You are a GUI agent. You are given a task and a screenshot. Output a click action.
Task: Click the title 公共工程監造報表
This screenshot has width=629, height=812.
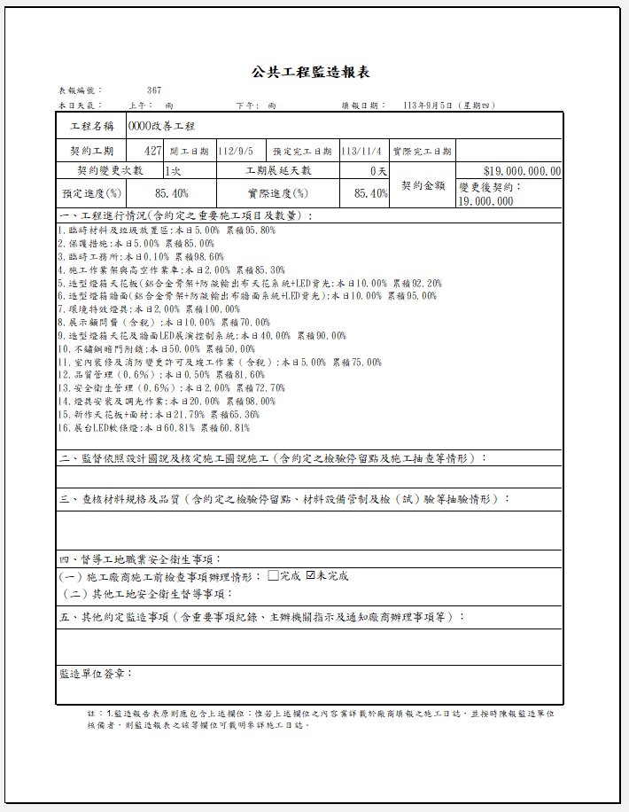(x=310, y=72)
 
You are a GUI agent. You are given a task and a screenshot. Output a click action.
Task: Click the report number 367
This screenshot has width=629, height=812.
(x=154, y=90)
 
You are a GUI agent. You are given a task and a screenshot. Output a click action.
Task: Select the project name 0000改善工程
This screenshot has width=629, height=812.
(x=161, y=127)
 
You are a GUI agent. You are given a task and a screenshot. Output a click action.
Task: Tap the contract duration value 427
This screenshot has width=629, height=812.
(x=151, y=151)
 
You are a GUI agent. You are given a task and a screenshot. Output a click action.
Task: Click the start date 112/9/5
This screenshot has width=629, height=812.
(x=236, y=151)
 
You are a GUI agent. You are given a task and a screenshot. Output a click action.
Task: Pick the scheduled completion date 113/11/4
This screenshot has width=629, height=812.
(x=361, y=151)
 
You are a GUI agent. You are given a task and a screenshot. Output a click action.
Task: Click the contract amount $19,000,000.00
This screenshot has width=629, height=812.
(x=522, y=172)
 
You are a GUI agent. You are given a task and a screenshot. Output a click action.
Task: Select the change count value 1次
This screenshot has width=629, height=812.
(x=173, y=171)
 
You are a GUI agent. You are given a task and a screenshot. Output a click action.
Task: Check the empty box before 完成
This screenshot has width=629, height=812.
(x=273, y=576)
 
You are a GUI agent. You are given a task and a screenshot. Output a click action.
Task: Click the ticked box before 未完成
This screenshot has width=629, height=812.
(x=310, y=576)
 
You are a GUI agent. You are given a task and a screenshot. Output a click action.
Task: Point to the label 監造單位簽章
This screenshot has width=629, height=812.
(x=97, y=674)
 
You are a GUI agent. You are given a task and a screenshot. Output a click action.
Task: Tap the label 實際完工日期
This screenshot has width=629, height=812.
(x=422, y=152)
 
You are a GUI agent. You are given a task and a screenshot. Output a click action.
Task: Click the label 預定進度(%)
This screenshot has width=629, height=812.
(x=91, y=193)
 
